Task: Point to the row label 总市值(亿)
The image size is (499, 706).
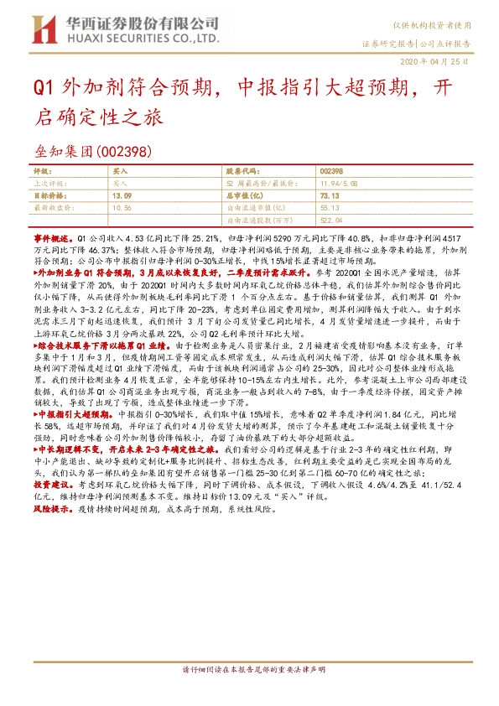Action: (242, 195)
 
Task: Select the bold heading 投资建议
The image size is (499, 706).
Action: (50, 485)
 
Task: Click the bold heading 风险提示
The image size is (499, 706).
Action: (50, 508)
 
